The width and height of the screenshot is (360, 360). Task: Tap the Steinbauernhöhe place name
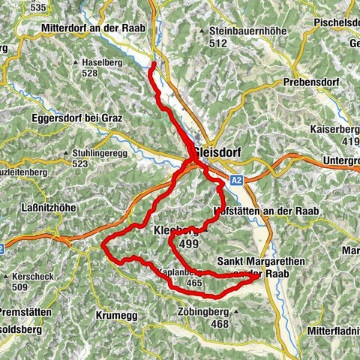click(x=234, y=31)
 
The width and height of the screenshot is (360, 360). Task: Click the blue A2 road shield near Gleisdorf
click(x=238, y=180)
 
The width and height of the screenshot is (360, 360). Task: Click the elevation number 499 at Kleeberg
click(x=188, y=243)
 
